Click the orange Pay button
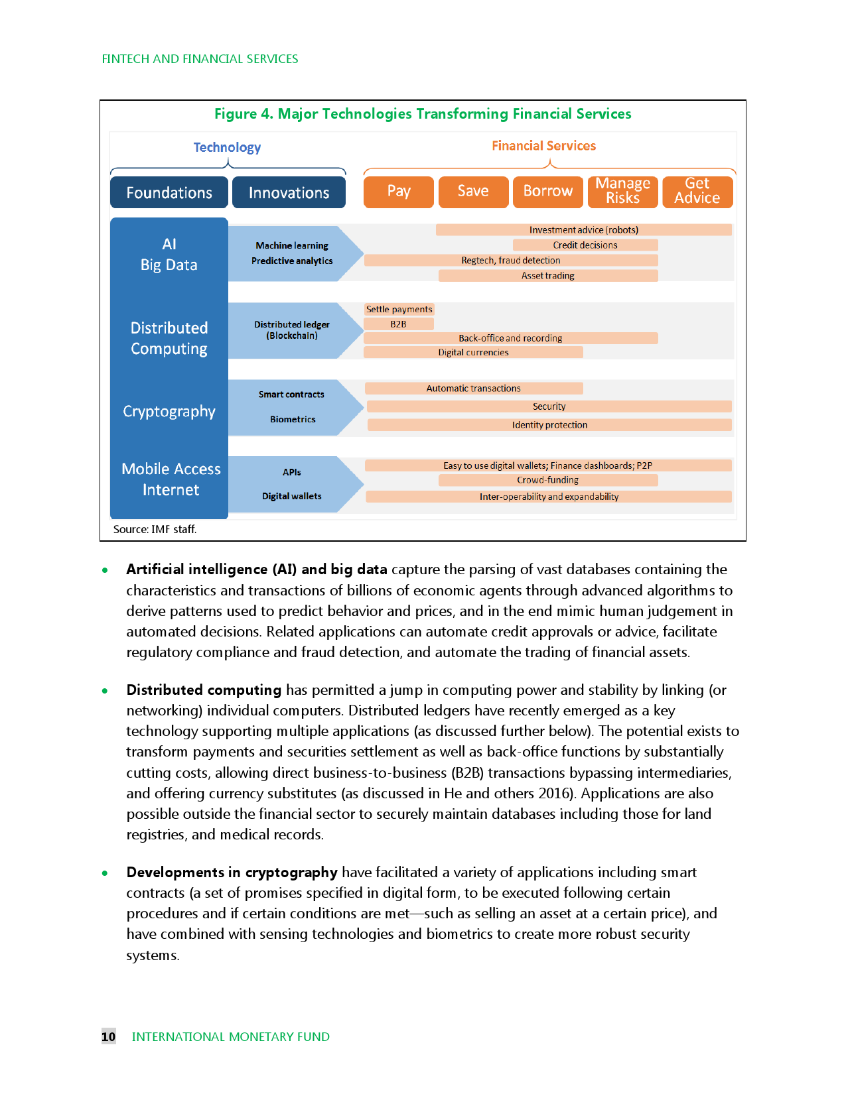pos(399,192)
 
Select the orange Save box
pos(473,192)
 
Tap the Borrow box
pos(547,192)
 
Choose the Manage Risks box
pos(622,192)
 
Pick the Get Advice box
pos(697,192)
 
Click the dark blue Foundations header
pos(169,193)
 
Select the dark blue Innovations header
pos(289,193)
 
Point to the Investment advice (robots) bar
pos(583,230)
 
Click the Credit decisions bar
pos(585,245)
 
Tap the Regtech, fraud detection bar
pos(510,261)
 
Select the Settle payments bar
pos(399,310)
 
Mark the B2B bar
pos(398,324)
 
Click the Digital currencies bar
pos(473,353)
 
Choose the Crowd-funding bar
pos(547,480)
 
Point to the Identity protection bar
pos(549,425)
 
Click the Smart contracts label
pos(291,395)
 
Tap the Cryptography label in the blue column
pos(169,412)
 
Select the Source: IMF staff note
pos(155,529)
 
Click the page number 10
pos(108,1036)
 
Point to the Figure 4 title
pos(423,114)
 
